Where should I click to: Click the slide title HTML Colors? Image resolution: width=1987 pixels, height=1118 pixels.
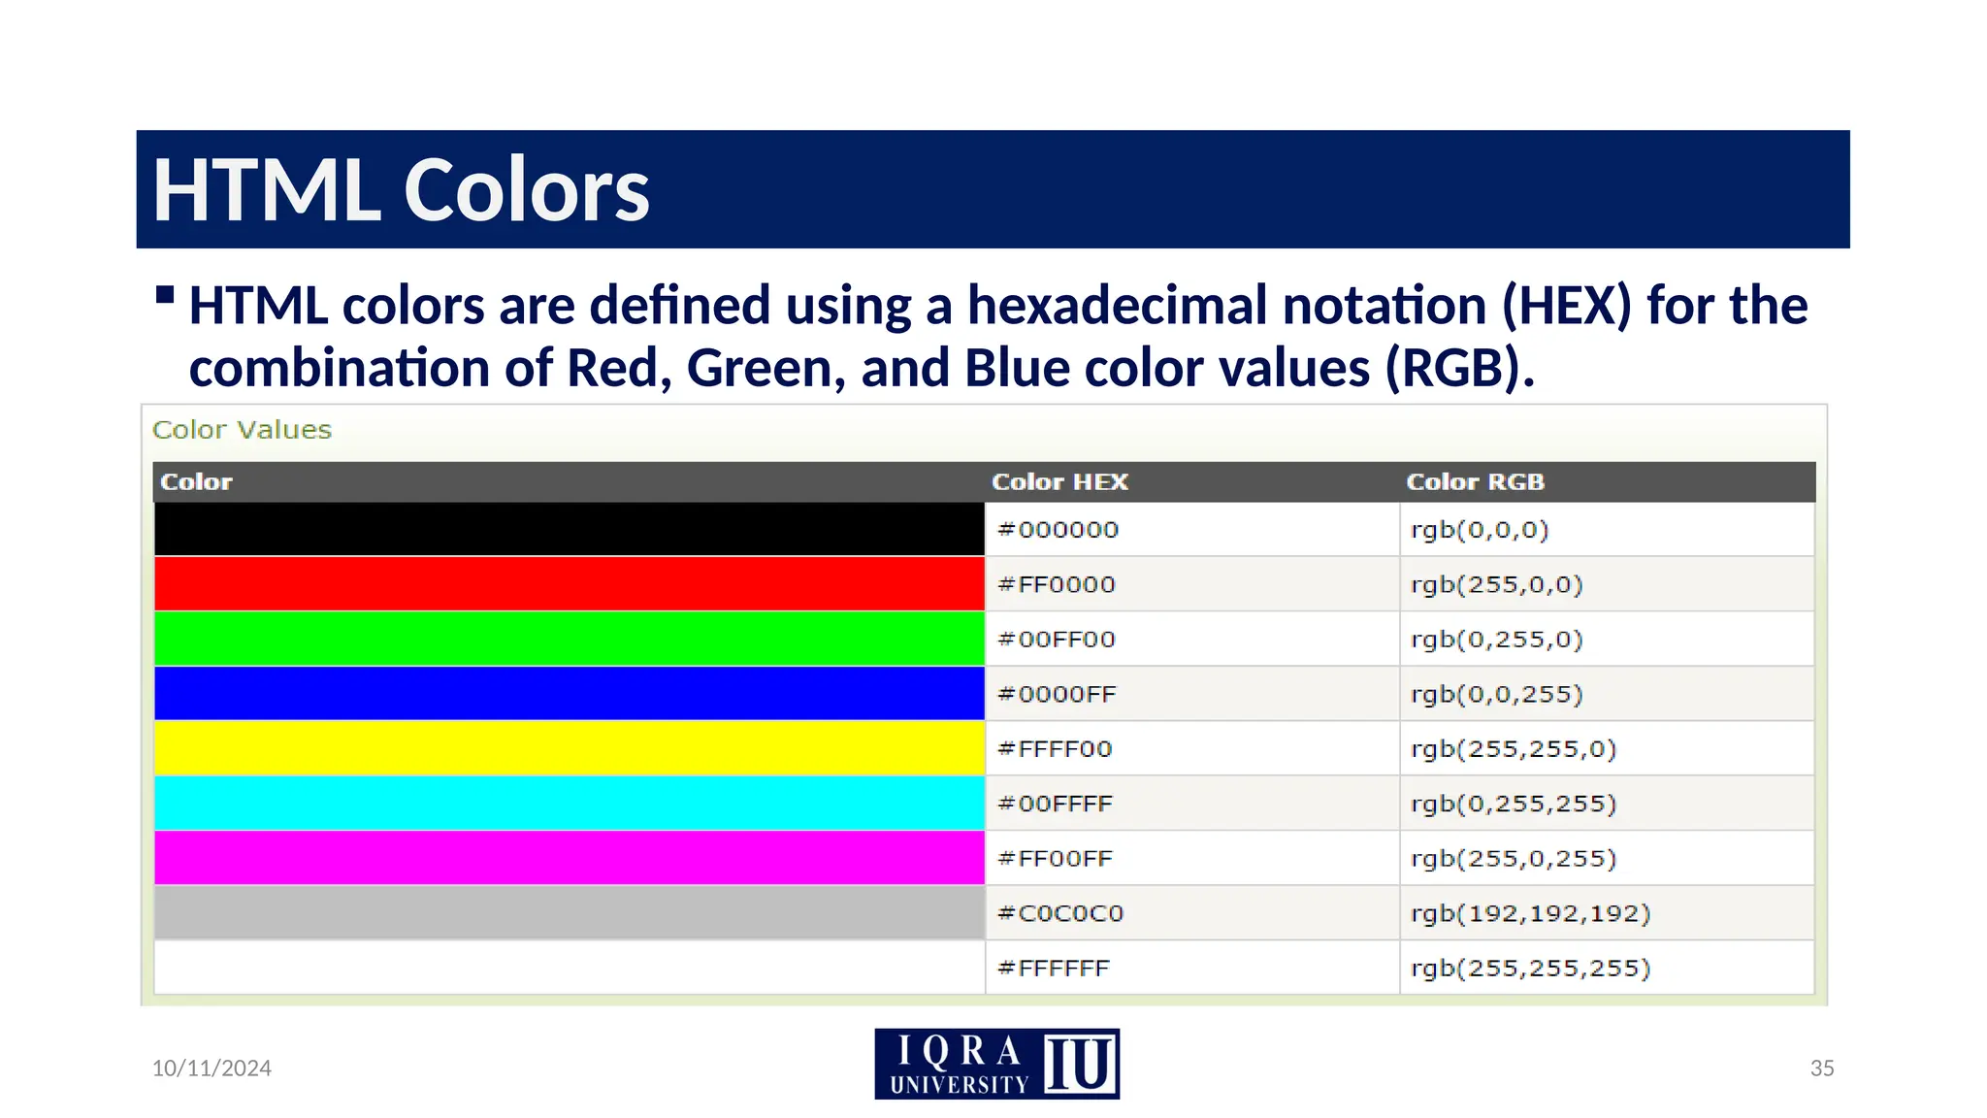[401, 190]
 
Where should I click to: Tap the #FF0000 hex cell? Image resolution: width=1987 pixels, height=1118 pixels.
[1057, 584]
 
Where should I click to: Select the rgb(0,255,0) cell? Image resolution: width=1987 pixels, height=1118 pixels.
[1496, 640]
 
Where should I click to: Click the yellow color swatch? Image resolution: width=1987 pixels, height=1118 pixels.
[569, 748]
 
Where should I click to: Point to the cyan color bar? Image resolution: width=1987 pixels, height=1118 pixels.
[569, 803]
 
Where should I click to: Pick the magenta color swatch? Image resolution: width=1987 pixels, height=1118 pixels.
[569, 858]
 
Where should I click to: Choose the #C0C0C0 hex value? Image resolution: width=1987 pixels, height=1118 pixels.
[1060, 913]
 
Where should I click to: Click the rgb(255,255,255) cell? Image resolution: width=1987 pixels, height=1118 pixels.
[1530, 968]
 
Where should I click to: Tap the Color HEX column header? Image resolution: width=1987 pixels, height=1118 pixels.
[1059, 482]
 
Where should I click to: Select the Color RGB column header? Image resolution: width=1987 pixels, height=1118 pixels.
[1475, 482]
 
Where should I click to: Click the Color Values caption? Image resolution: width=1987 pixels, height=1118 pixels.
[242, 430]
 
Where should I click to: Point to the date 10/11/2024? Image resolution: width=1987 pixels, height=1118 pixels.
[212, 1069]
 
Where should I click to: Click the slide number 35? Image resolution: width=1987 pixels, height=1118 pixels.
[1821, 1069]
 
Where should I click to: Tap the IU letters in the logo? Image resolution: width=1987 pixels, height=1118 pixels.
[1080, 1065]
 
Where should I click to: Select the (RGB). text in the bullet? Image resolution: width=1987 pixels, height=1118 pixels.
[1459, 369]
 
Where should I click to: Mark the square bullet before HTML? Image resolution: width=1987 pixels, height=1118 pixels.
[165, 294]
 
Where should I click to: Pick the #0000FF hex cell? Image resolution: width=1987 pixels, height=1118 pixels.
[1057, 694]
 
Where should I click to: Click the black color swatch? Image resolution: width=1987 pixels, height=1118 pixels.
[569, 529]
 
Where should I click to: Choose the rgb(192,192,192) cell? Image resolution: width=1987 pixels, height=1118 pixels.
[1530, 913]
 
